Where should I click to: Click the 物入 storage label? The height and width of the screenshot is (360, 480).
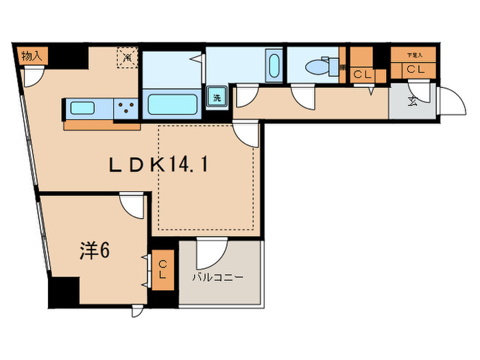pyautogui.click(x=32, y=56)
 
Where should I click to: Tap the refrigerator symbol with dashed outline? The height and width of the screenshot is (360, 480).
pyautogui.click(x=127, y=58)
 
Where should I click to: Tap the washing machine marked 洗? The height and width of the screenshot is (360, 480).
pyautogui.click(x=217, y=97)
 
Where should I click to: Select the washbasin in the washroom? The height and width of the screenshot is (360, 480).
pyautogui.click(x=273, y=67)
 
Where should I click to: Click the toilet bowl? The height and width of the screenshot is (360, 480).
pyautogui.click(x=317, y=67)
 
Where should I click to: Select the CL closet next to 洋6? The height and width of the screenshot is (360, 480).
pyautogui.click(x=163, y=269)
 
